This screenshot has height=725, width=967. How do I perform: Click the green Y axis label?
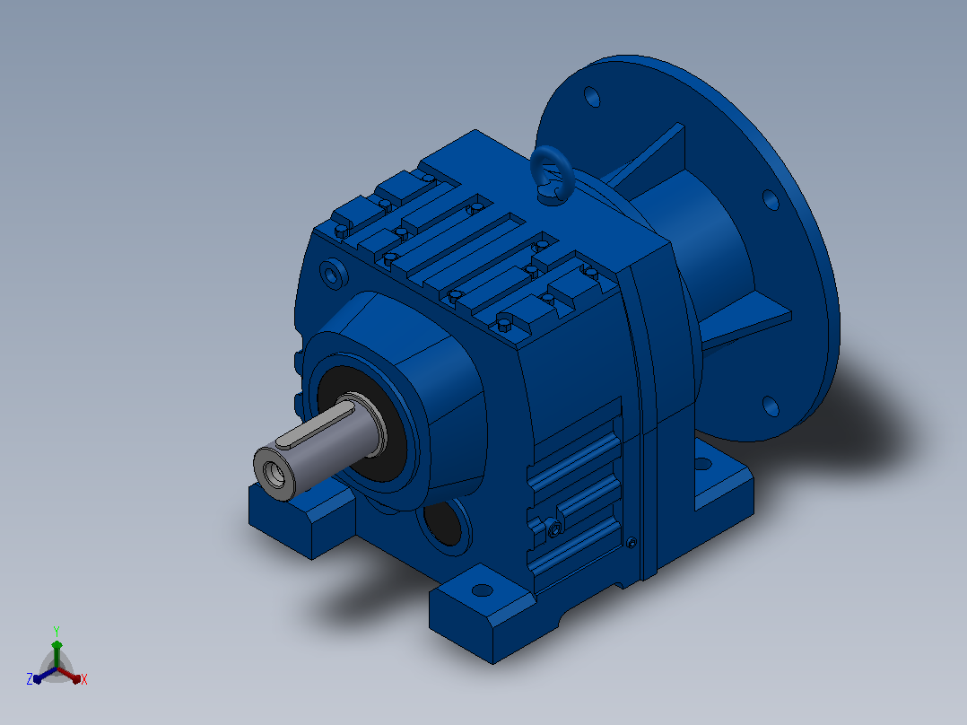coord(57,631)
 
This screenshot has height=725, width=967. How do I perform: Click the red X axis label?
coord(84,679)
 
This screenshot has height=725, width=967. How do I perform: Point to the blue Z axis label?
coord(29,679)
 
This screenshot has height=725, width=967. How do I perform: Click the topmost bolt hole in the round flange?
coord(592,96)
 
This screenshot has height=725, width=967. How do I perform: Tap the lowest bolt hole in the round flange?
coord(771,406)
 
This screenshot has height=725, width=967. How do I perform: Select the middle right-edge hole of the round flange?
coord(771,199)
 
